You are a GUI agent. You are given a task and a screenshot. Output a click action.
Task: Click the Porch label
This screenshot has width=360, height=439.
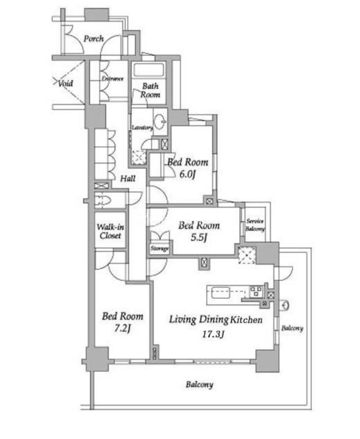[94, 39]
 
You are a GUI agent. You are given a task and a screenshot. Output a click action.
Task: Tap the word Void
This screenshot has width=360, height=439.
[65, 83]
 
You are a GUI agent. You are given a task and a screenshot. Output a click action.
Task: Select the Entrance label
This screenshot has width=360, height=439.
[113, 79]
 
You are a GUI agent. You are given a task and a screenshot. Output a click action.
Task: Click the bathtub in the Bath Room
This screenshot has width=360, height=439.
[148, 70]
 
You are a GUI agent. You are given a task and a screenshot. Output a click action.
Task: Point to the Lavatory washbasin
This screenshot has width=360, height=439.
[160, 121]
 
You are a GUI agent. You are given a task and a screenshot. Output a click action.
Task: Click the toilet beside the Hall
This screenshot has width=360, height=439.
[103, 200]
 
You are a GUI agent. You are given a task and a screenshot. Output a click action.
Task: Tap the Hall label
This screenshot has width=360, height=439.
[128, 178]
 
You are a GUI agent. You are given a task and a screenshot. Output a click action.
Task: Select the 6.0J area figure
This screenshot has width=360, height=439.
[187, 174]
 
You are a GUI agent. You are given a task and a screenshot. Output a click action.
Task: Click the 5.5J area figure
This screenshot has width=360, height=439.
[199, 238]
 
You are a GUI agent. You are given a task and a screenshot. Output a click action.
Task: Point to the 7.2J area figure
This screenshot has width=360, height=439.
[122, 328]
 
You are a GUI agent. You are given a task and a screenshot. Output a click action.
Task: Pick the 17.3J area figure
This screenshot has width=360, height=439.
[213, 334]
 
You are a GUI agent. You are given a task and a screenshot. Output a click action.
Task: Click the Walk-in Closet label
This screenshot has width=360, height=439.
[110, 231]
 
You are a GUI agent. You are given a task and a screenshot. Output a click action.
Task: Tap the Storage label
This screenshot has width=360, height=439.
[160, 248]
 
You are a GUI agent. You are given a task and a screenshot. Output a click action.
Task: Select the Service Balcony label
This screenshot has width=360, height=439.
[255, 225]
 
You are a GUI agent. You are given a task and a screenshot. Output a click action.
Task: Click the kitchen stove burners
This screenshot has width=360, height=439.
[256, 292]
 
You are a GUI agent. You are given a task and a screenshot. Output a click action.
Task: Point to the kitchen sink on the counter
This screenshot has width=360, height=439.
[220, 293]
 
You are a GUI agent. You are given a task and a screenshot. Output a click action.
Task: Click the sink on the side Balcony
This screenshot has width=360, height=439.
[285, 305]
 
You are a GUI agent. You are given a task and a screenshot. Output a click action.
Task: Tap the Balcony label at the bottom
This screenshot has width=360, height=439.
[199, 384]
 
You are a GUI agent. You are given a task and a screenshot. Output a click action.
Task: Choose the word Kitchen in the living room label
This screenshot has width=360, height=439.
[246, 320]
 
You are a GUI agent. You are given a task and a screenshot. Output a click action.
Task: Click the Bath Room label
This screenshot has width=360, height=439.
[150, 90]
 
